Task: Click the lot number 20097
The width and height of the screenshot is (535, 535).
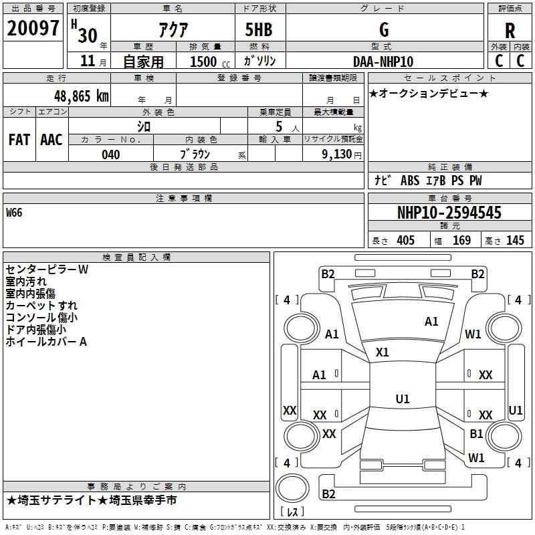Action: pos(33,28)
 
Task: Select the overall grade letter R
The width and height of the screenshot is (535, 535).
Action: pos(510,31)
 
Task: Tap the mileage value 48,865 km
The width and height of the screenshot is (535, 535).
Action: pos(81,96)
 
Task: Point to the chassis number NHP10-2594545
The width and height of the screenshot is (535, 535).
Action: pos(449,213)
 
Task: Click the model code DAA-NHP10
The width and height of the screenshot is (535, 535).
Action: pos(383,62)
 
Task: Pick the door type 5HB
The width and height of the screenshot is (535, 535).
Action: pos(259,29)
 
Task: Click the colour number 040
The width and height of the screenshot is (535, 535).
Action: pos(111,154)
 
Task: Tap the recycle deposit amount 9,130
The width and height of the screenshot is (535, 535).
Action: pos(337,154)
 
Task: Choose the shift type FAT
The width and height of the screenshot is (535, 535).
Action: pos(19,140)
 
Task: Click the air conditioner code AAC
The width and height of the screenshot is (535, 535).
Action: pos(51,140)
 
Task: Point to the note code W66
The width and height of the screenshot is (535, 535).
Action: pos(14,213)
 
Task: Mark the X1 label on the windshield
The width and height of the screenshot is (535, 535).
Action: pos(382,352)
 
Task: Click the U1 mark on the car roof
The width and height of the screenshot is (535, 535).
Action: pos(403,399)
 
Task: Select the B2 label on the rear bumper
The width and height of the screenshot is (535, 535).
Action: pos(328,494)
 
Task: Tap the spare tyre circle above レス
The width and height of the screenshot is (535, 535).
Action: pos(292,488)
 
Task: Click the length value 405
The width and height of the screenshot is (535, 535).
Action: pos(406,240)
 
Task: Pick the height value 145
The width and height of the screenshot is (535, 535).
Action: pos(515,240)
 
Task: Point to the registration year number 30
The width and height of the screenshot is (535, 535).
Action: pos(88,35)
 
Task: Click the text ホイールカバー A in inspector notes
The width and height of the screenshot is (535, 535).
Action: pos(46,342)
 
